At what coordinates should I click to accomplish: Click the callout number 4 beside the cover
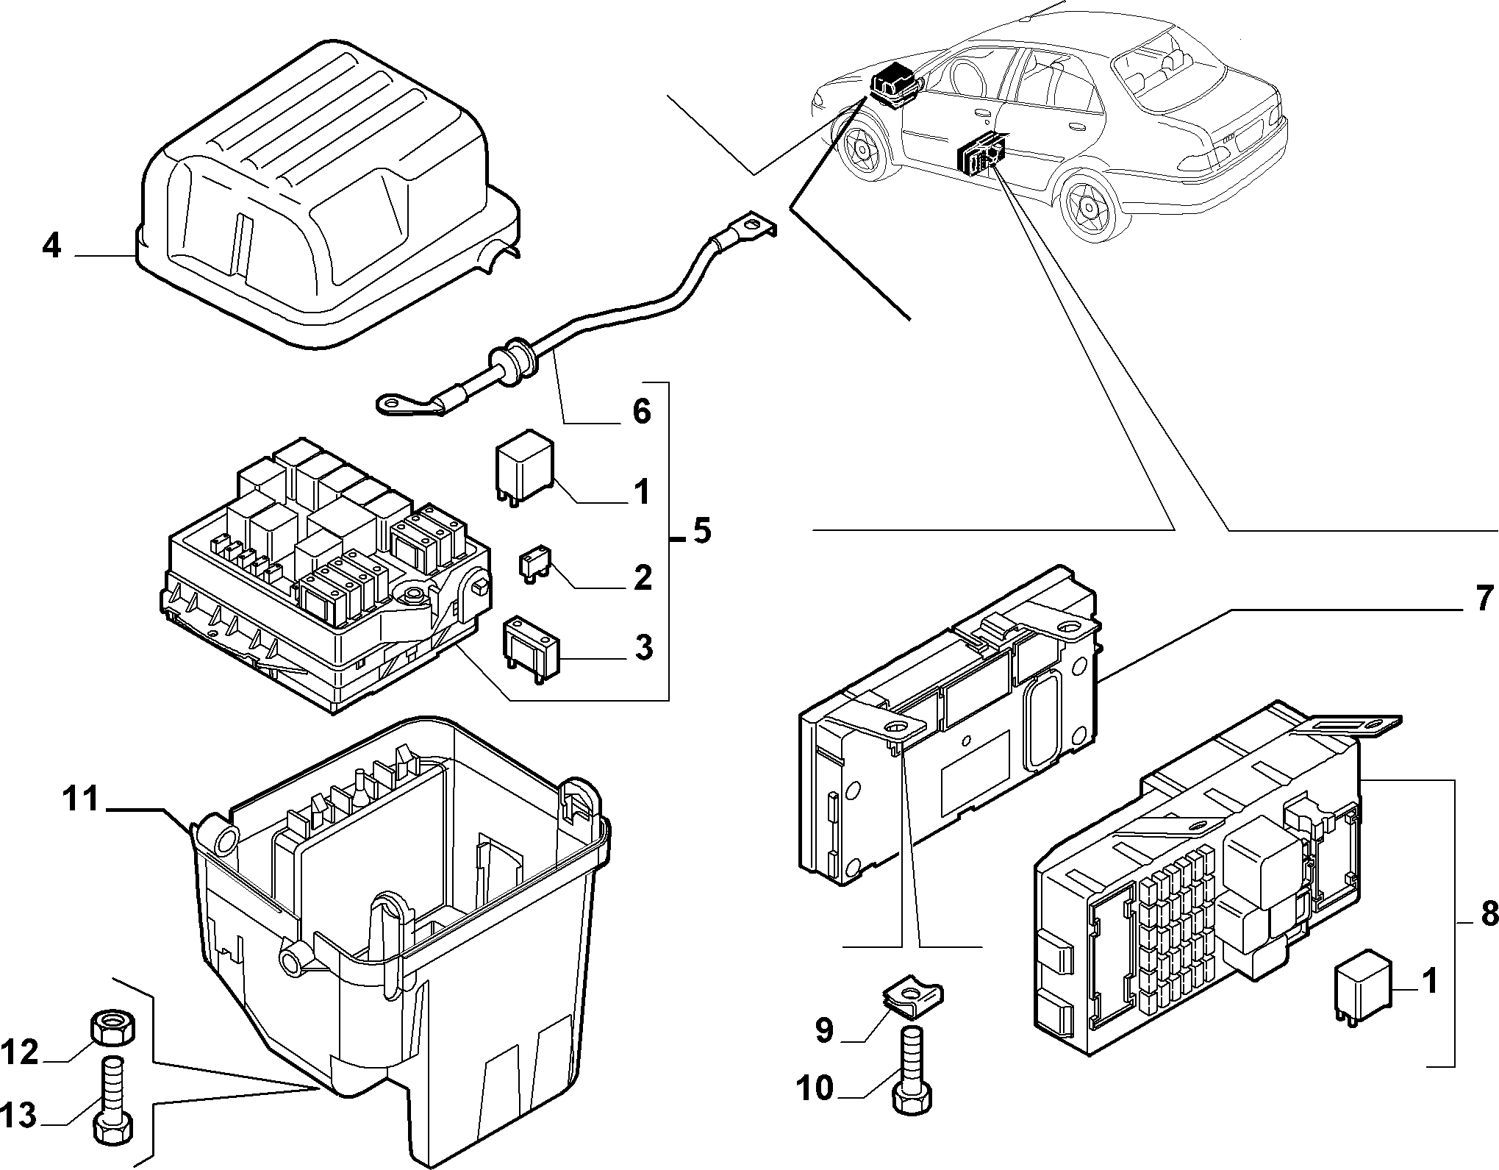51,245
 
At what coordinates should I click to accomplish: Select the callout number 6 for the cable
641,411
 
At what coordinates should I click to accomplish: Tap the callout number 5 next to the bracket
702,530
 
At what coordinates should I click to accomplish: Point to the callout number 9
823,1030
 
